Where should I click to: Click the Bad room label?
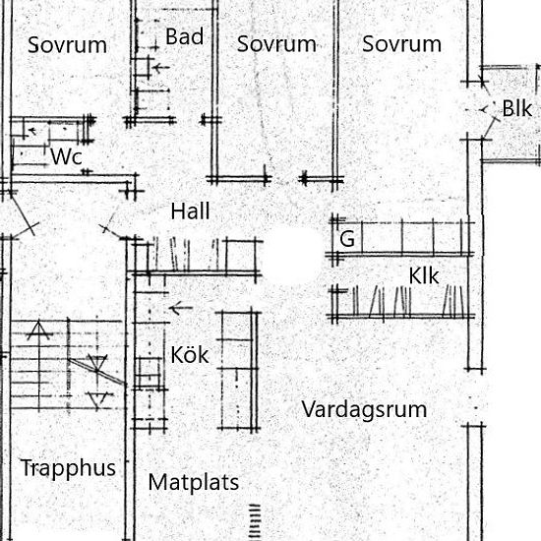pyautogui.click(x=184, y=36)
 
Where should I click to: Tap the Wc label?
pyautogui.click(x=66, y=156)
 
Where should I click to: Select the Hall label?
pyautogui.click(x=190, y=210)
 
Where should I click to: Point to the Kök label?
pyautogui.click(x=190, y=354)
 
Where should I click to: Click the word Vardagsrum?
pyautogui.click(x=364, y=410)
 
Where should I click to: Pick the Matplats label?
pyautogui.click(x=193, y=482)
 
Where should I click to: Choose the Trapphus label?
pyautogui.click(x=68, y=468)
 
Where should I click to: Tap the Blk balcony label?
pyautogui.click(x=516, y=108)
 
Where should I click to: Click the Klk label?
pyautogui.click(x=424, y=275)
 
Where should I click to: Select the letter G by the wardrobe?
pyautogui.click(x=347, y=239)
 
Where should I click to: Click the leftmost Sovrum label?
pyautogui.click(x=67, y=45)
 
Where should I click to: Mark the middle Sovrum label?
pyautogui.click(x=276, y=44)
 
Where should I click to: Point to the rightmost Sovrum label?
pyautogui.click(x=401, y=44)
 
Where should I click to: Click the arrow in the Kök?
pyautogui.click(x=181, y=308)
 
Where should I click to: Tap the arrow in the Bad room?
pyautogui.click(x=160, y=68)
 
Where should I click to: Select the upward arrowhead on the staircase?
pyautogui.click(x=38, y=329)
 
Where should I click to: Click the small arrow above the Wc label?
pyautogui.click(x=31, y=131)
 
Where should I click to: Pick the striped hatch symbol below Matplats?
pyautogui.click(x=255, y=521)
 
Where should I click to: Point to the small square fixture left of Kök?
pyautogui.click(x=149, y=373)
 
